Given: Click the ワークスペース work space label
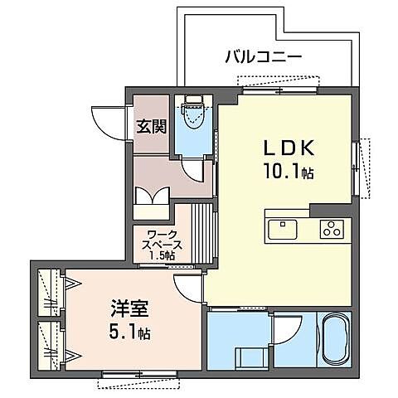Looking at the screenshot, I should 161,243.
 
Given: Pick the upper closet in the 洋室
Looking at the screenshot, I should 51,292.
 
